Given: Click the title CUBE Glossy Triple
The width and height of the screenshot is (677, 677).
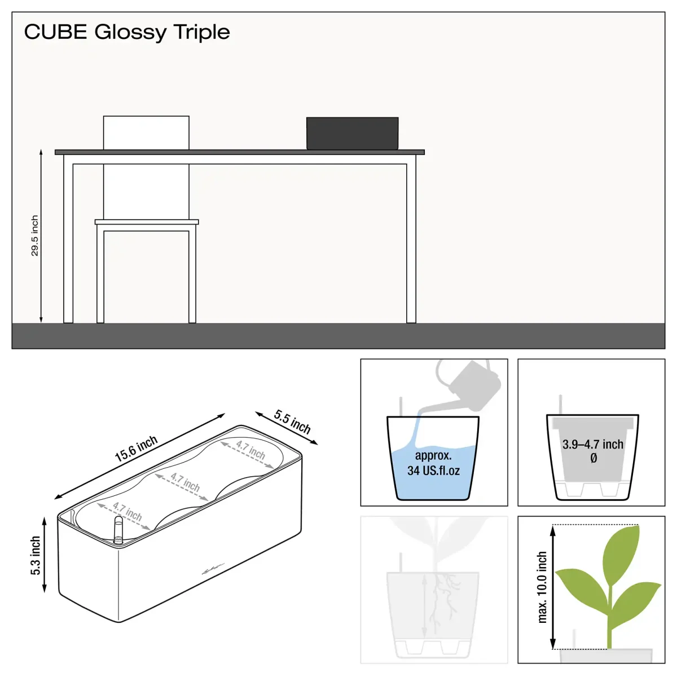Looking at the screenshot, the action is pyautogui.click(x=127, y=32).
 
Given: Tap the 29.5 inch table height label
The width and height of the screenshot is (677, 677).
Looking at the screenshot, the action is pyautogui.click(x=34, y=236).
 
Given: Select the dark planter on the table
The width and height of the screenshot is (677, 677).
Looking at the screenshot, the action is pyautogui.click(x=353, y=134).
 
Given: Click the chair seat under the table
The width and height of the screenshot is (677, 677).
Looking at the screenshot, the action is pyautogui.click(x=147, y=222).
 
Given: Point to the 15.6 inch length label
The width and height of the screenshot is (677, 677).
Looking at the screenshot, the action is pyautogui.click(x=137, y=449).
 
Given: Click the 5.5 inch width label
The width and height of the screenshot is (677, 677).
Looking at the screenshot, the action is pyautogui.click(x=292, y=422).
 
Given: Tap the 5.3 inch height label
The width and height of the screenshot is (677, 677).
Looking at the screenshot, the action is pyautogui.click(x=36, y=556).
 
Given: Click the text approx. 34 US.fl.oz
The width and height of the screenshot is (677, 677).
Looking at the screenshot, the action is pyautogui.click(x=433, y=463).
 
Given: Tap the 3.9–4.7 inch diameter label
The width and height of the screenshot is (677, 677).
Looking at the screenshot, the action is pyautogui.click(x=593, y=451).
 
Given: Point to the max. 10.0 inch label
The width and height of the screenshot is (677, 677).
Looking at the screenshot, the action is pyautogui.click(x=542, y=587).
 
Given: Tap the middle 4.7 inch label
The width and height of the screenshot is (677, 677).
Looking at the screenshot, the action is pyautogui.click(x=185, y=482).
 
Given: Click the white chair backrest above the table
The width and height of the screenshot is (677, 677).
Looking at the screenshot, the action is pyautogui.click(x=146, y=133).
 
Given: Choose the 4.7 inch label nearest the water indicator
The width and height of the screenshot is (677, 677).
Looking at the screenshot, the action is pyautogui.click(x=127, y=512).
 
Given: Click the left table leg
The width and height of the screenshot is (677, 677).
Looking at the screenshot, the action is pyautogui.click(x=68, y=239).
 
